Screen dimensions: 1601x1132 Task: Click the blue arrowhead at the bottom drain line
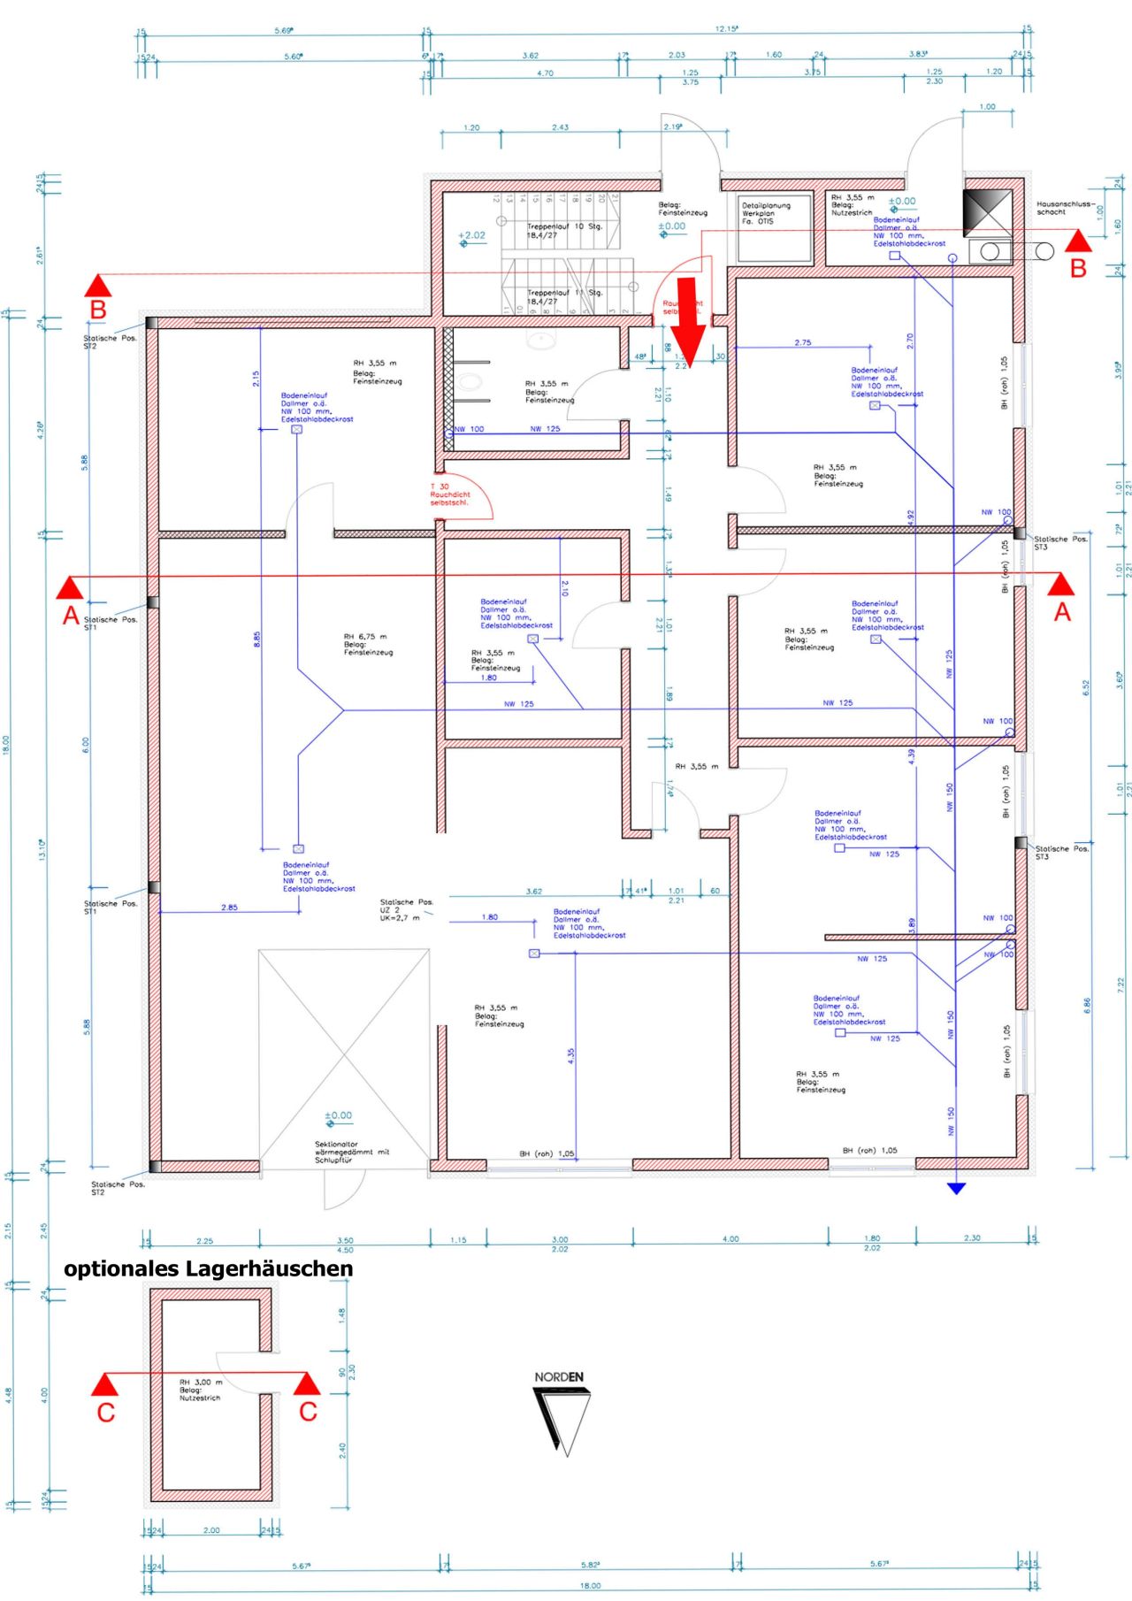(956, 1188)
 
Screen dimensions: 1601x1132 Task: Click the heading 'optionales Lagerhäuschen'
(208, 1268)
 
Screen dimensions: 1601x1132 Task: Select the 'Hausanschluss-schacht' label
(1065, 208)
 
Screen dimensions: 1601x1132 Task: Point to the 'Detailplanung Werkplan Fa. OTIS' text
(766, 213)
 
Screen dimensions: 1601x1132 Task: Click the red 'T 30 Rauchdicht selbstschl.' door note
(450, 494)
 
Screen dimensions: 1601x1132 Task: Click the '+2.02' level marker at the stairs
(472, 235)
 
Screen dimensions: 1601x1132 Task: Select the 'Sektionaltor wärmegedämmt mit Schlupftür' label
(352, 1152)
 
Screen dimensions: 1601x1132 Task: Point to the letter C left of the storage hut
(106, 1413)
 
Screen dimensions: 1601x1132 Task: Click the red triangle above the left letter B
(98, 285)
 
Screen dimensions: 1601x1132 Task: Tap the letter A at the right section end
(1062, 611)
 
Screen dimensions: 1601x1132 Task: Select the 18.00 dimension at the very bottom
(590, 1586)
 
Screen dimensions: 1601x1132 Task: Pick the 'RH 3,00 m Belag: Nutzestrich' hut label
(201, 1390)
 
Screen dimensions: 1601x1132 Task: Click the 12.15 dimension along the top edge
(726, 29)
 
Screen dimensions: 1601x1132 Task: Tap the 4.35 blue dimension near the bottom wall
(571, 1054)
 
